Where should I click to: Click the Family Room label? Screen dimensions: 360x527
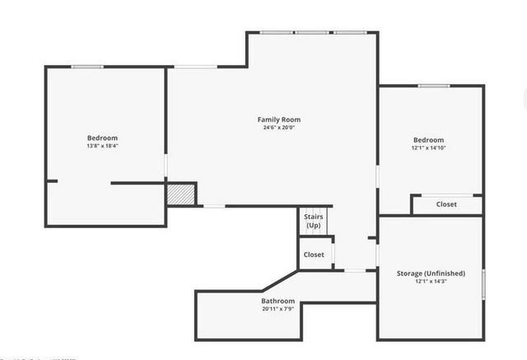(x=278, y=119)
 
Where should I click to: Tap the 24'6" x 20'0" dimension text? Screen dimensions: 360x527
(x=278, y=128)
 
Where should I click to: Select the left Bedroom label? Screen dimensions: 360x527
(x=103, y=138)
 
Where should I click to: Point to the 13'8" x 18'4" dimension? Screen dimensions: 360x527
(x=103, y=146)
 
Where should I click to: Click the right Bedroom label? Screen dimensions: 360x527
(x=428, y=140)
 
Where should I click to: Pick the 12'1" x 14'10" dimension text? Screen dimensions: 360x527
(x=428, y=148)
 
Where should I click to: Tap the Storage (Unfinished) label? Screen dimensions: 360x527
(x=431, y=274)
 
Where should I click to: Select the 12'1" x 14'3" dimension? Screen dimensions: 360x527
(x=431, y=282)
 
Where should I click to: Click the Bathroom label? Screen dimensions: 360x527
(x=278, y=302)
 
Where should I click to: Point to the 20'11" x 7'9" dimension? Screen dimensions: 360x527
(x=278, y=310)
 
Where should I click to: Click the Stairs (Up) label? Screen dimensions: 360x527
(x=314, y=221)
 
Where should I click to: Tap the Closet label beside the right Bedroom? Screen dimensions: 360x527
(x=446, y=204)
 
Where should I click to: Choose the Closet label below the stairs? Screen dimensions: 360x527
(x=314, y=255)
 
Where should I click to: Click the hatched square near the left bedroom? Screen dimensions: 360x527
(x=180, y=194)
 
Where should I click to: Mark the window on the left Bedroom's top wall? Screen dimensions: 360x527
(x=86, y=67)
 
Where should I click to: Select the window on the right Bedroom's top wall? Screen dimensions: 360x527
(x=433, y=85)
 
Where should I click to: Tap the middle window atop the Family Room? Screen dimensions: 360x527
(x=312, y=32)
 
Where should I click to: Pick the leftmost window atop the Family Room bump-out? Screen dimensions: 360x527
(x=276, y=32)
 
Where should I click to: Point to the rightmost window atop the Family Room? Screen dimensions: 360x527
(x=349, y=32)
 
